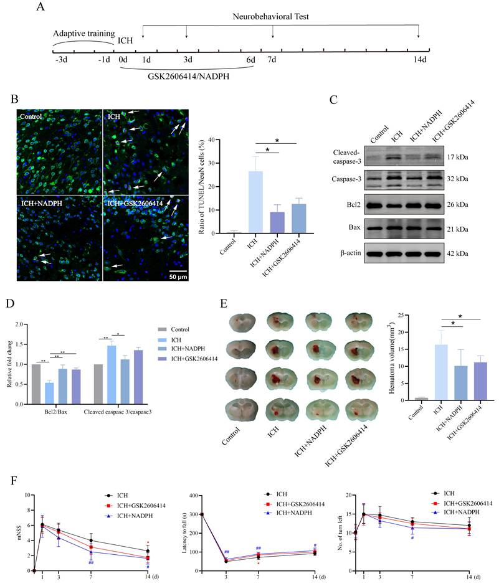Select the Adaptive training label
(83, 32)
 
